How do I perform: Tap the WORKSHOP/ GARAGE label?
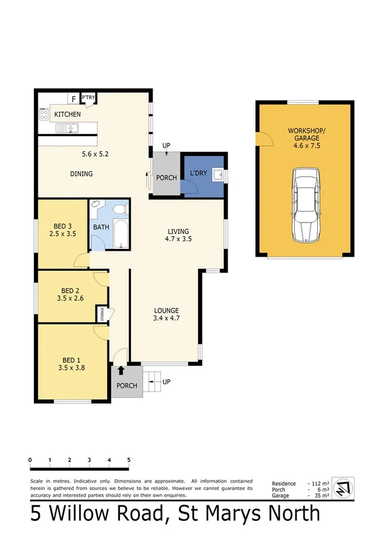(x=306, y=134)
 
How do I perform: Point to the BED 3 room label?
(x=64, y=230)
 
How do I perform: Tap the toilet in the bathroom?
(x=96, y=208)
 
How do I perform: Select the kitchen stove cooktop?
(x=44, y=115)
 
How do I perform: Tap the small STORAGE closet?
(x=101, y=314)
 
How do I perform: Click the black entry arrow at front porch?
(x=121, y=370)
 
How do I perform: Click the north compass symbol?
(x=345, y=488)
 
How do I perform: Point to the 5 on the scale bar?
(x=129, y=461)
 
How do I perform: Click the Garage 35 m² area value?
(x=320, y=496)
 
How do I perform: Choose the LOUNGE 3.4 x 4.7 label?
(x=165, y=314)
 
